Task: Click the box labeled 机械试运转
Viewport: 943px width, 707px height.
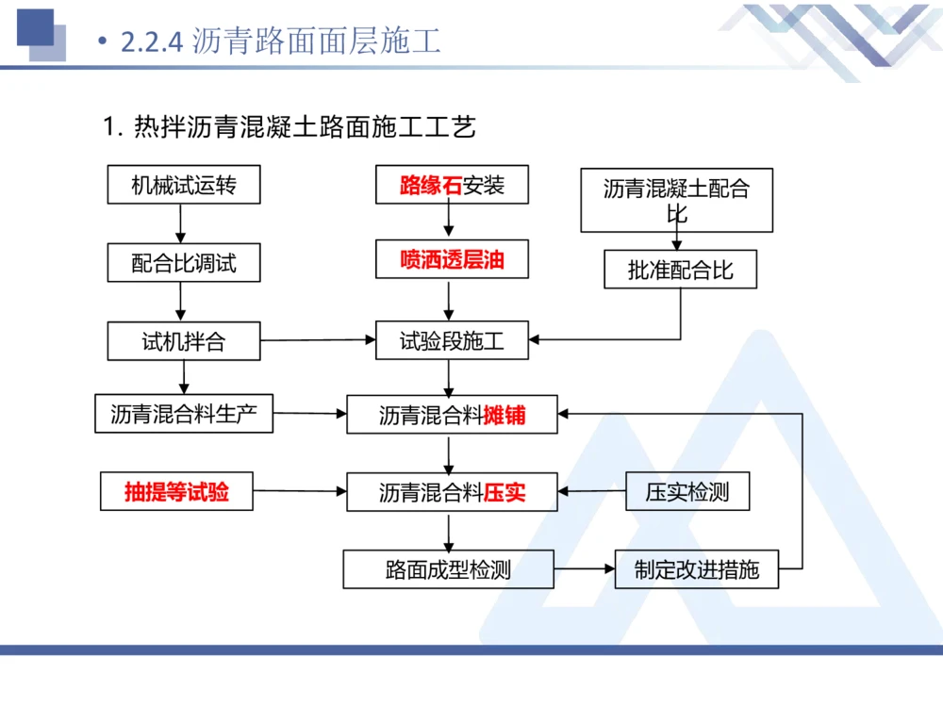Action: tap(183, 185)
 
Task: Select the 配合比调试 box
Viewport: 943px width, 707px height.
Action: tap(183, 263)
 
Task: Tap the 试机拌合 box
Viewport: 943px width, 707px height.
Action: tap(183, 341)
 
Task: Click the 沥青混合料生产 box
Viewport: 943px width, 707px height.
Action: tap(184, 414)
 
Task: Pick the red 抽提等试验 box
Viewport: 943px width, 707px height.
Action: tap(176, 491)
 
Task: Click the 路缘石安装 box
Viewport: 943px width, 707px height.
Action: tap(452, 185)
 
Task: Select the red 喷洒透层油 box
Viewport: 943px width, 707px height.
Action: tap(452, 260)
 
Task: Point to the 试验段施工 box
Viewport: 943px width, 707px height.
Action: tap(452, 341)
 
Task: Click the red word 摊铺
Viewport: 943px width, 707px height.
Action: tap(505, 415)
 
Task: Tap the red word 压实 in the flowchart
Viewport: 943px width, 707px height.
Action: tap(505, 492)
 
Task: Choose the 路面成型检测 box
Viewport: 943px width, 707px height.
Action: tap(448, 569)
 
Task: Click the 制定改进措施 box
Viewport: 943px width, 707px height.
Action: tap(696, 569)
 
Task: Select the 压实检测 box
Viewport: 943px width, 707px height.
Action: tap(687, 492)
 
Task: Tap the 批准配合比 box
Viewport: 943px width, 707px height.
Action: tap(680, 271)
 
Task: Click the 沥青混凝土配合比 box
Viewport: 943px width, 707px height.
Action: tap(676, 200)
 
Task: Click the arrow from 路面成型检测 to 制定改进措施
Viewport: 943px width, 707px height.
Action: tap(584, 569)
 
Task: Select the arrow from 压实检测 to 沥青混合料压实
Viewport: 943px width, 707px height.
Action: tap(592, 491)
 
